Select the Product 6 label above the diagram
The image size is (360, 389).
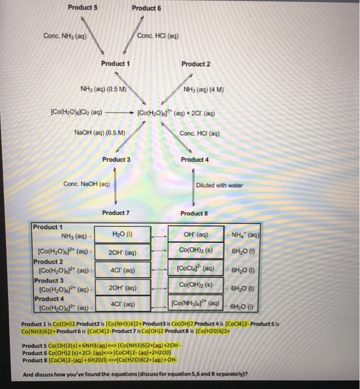(147, 8)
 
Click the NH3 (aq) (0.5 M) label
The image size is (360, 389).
(104, 89)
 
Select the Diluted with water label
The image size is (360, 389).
(219, 185)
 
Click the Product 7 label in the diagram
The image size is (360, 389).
(116, 213)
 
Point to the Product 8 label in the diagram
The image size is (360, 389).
(195, 213)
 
